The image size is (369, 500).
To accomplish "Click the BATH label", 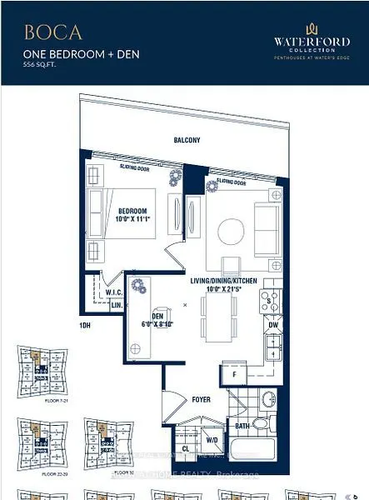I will [242, 426].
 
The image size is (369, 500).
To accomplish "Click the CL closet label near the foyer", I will [185, 447].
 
